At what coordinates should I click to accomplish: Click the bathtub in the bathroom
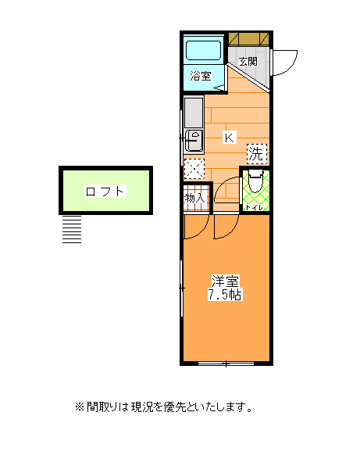204,51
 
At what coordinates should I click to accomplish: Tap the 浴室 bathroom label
201,76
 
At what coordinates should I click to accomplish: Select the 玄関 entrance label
248,62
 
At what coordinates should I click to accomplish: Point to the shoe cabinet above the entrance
248,39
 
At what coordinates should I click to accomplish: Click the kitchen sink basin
194,141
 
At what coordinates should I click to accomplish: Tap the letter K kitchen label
230,138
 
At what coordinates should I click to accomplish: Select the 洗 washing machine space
257,154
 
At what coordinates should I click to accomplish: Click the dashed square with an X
194,169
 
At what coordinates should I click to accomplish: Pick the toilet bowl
255,181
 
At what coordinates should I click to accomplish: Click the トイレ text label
255,208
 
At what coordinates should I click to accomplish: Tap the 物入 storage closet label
195,199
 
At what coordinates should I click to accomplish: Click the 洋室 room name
225,281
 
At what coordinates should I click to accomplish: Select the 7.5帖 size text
225,295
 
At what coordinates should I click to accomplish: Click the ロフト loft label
105,192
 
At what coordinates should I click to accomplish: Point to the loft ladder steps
72,229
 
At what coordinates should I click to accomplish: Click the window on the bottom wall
226,363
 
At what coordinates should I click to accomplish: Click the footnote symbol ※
80,407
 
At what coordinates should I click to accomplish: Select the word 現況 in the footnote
141,407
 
